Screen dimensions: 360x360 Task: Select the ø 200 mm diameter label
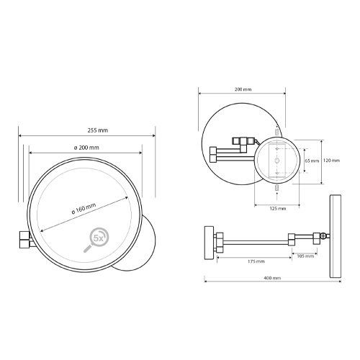(86, 147)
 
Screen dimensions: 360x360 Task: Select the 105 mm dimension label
(305, 255)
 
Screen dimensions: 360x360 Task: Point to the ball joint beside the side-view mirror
(324, 235)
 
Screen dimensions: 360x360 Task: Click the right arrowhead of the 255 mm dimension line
(153, 135)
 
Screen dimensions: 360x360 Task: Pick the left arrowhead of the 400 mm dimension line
(207, 283)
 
